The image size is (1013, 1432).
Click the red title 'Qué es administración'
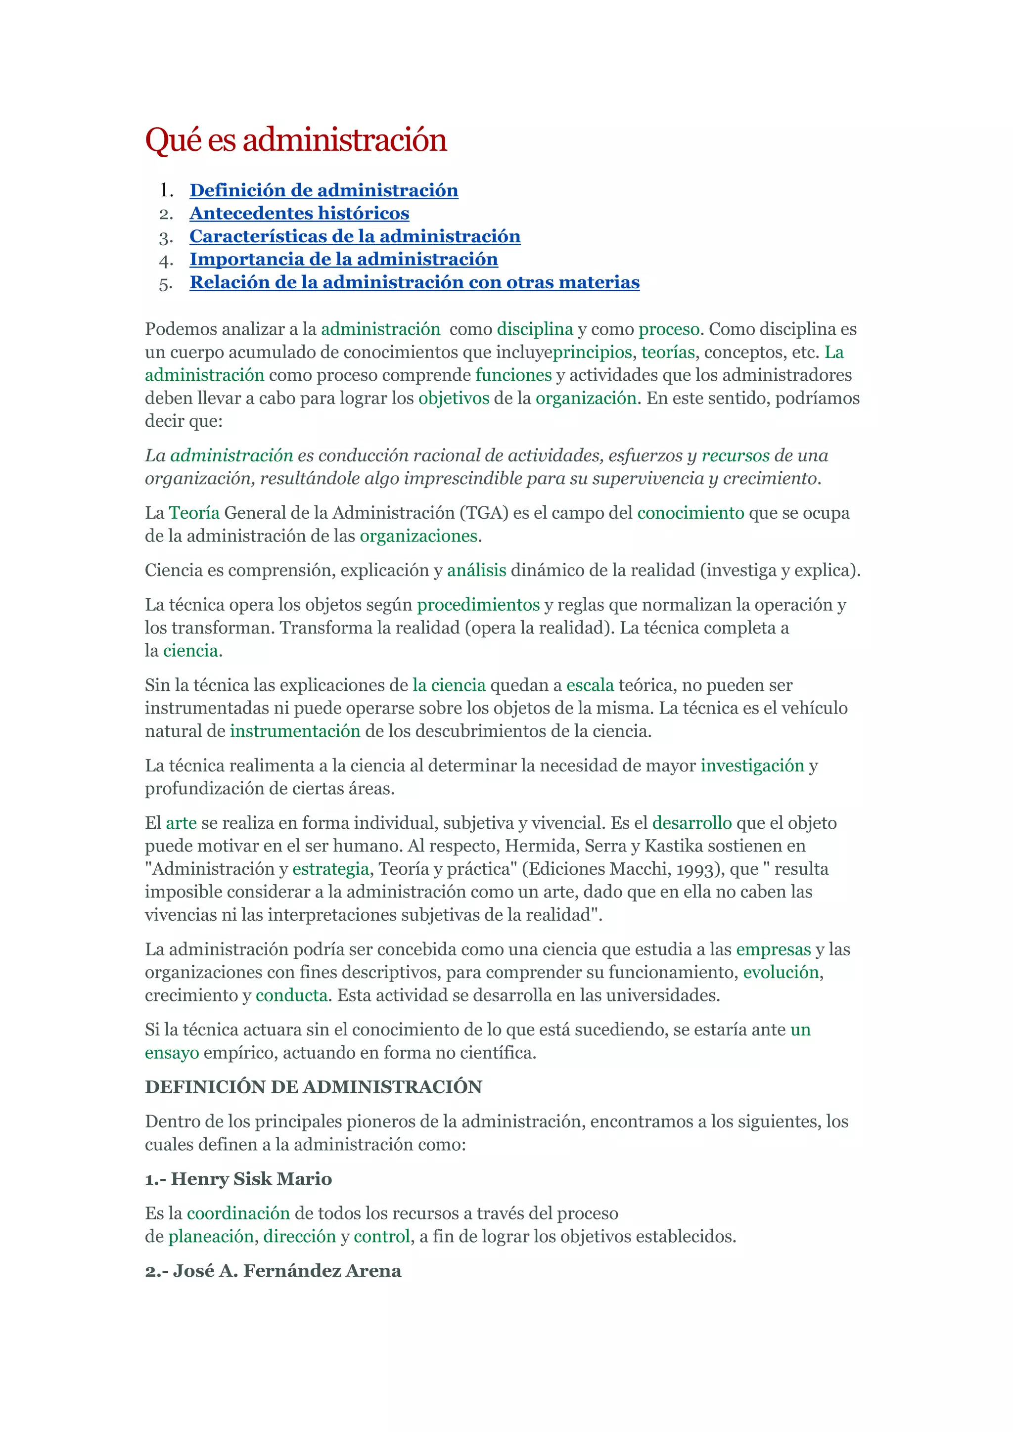tap(296, 140)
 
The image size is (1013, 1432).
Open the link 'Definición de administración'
tap(324, 190)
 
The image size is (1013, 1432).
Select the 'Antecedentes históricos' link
tap(299, 213)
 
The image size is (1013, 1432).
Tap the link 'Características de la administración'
tap(355, 236)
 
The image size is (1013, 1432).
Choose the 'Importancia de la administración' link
tap(344, 260)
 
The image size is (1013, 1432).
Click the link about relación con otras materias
tap(414, 282)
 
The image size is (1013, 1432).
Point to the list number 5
tap(165, 284)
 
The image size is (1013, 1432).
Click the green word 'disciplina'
tap(535, 329)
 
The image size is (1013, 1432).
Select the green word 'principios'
tap(593, 353)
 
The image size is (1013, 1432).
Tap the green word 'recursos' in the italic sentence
tap(736, 456)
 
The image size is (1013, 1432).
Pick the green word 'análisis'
tap(476, 571)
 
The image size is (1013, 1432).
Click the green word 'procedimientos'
tap(478, 605)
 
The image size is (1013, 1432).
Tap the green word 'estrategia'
tap(330, 869)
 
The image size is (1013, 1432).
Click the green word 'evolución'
tap(781, 972)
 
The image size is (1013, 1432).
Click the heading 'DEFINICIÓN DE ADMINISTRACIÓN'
tap(313, 1087)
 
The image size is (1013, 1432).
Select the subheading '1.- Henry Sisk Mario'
tap(238, 1179)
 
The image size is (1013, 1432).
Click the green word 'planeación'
tap(211, 1236)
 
